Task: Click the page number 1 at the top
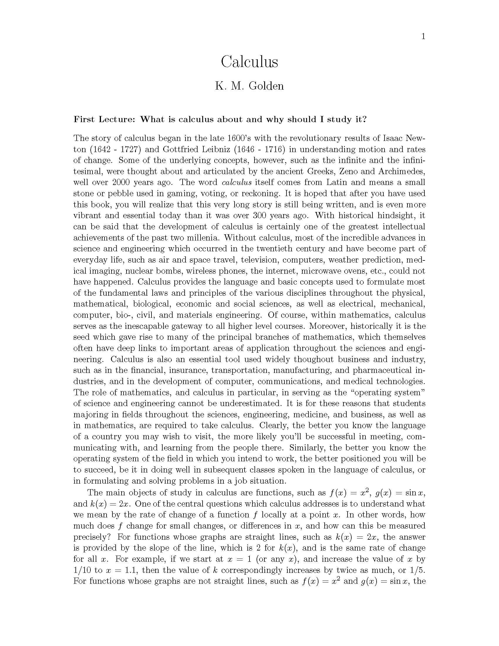[423, 36]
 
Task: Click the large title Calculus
[249, 62]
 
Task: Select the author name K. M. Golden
[249, 86]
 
